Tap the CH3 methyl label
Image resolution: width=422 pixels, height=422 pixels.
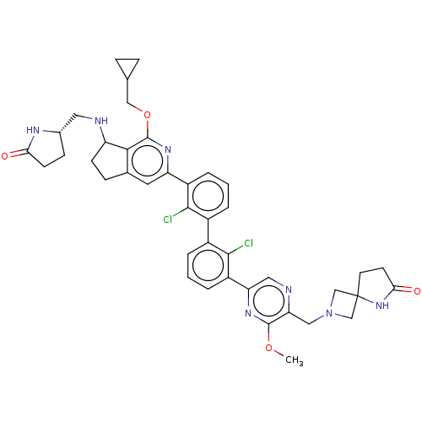295,360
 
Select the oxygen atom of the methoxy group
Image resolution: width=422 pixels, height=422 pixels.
269,348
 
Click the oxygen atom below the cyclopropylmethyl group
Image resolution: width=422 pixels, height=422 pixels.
147,115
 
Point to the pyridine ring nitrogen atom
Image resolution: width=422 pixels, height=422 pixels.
168,149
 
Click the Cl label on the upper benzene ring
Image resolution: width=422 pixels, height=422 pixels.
168,219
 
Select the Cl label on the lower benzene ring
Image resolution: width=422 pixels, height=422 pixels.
249,243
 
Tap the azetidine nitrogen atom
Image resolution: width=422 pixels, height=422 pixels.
329,313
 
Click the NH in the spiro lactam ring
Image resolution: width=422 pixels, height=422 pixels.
382,306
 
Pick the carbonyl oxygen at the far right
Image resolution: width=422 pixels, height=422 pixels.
417,290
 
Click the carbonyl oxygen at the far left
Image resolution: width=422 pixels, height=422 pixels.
5,156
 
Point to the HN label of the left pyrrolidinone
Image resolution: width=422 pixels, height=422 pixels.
33,130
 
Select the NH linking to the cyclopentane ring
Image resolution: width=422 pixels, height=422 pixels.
101,121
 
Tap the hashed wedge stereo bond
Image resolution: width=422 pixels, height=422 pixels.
68,123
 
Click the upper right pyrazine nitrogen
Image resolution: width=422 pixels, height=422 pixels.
289,289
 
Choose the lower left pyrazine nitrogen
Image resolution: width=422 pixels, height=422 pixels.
248,313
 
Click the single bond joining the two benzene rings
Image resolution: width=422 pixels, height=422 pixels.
208,230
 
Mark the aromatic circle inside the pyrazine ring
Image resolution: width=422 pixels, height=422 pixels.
268,301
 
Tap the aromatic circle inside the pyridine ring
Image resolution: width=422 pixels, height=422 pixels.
148,161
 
